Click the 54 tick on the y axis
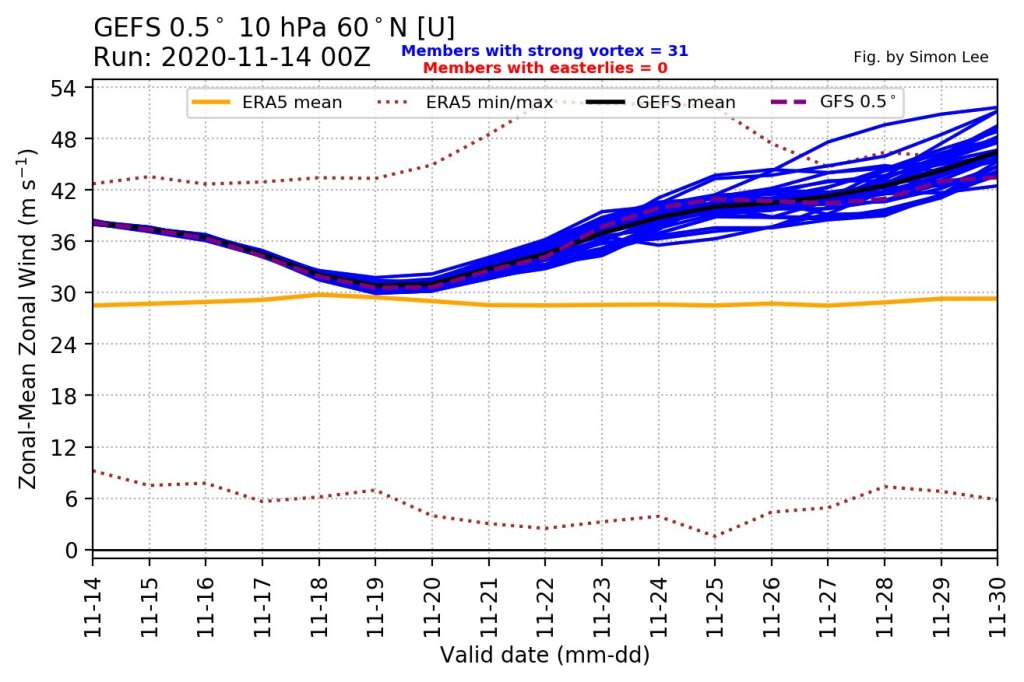pos(67,88)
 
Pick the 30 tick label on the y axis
pos(67,293)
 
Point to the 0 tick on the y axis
pos(73,550)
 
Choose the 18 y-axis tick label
pos(67,396)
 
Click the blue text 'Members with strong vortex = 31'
pos(544,50)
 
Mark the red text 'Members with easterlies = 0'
pos(544,67)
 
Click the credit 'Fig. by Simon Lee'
pos(921,57)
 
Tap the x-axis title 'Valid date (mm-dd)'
pos(545,656)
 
